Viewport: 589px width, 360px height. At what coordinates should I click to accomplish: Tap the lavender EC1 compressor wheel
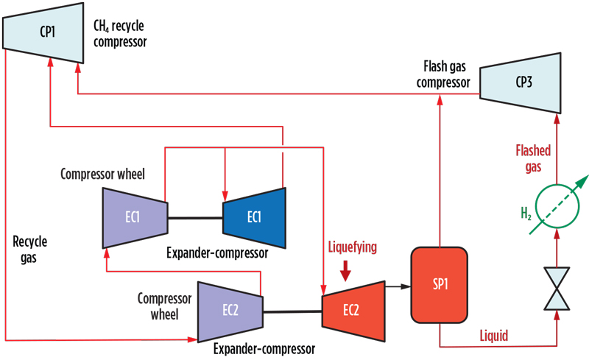(133, 217)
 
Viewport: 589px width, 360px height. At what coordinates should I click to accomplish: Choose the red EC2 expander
(353, 309)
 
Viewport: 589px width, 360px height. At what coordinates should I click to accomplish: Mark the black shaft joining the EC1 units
(195, 217)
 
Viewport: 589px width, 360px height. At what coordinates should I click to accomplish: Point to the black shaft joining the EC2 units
(292, 311)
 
